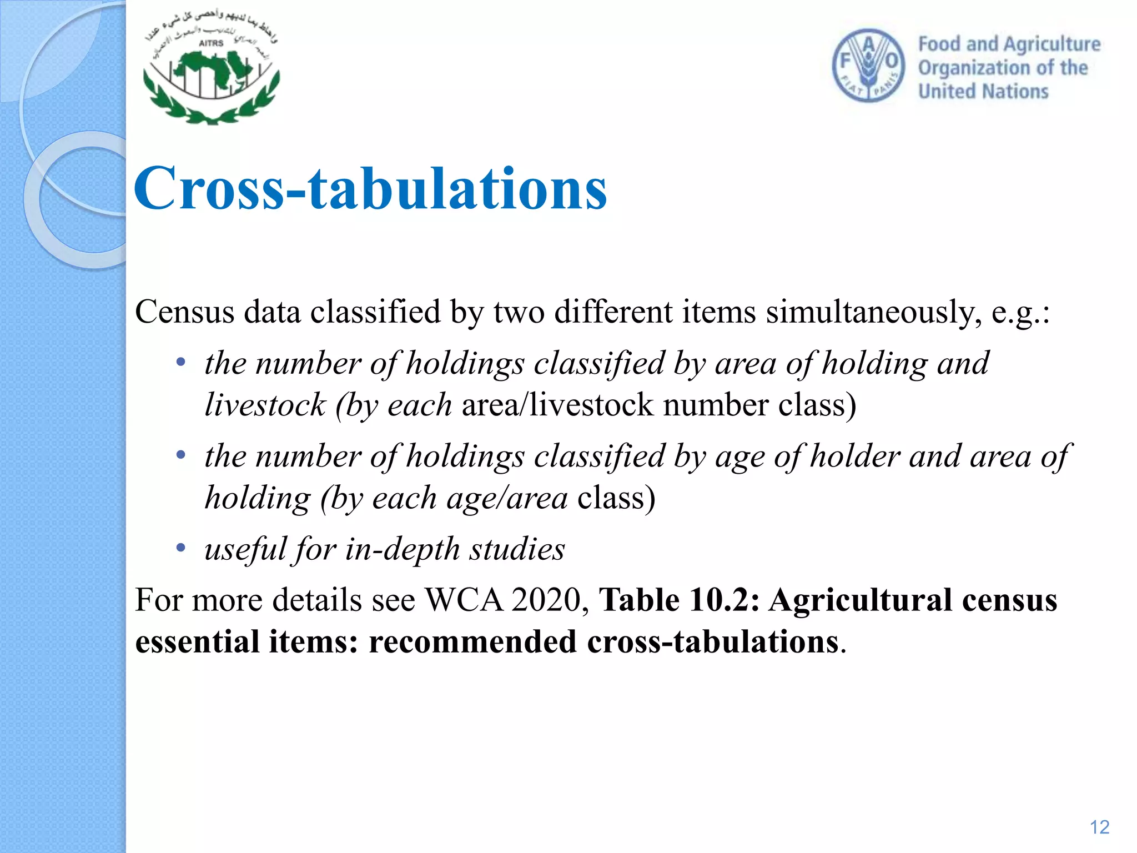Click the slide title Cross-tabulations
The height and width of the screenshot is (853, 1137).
pos(370,189)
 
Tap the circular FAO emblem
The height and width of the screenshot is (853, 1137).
pos(868,66)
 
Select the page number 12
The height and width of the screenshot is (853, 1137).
pos(1099,827)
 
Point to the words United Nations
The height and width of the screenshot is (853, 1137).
pos(983,91)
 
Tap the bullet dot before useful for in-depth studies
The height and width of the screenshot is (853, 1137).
pos(180,549)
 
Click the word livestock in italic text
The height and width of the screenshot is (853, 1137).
pos(265,404)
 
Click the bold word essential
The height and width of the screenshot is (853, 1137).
pos(197,642)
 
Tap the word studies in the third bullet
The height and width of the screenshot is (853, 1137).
pos(517,549)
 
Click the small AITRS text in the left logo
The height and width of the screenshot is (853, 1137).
pos(211,43)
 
